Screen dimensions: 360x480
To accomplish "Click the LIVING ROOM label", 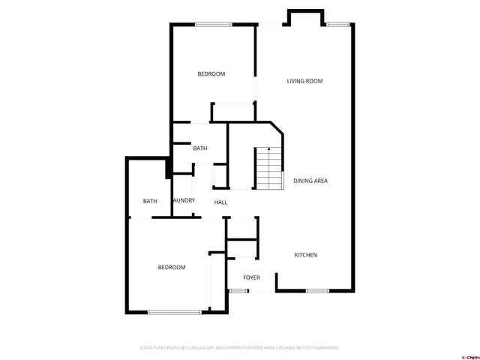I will [304, 81].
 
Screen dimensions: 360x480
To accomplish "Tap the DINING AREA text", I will [310, 181].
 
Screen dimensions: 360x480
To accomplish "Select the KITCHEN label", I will [305, 255].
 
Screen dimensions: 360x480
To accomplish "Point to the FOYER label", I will [251, 277].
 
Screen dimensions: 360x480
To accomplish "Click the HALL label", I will [221, 202].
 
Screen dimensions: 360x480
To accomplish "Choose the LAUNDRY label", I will [184, 200].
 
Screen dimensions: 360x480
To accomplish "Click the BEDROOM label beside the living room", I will [211, 73].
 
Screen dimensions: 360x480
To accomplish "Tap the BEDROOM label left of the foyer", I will [171, 267].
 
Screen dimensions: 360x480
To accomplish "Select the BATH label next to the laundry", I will [150, 201].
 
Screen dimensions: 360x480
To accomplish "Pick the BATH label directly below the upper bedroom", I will [199, 148].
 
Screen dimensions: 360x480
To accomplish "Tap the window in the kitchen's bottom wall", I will [316, 290].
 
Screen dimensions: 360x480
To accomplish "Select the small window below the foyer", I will [238, 290].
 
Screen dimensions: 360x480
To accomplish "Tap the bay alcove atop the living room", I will [306, 19].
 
